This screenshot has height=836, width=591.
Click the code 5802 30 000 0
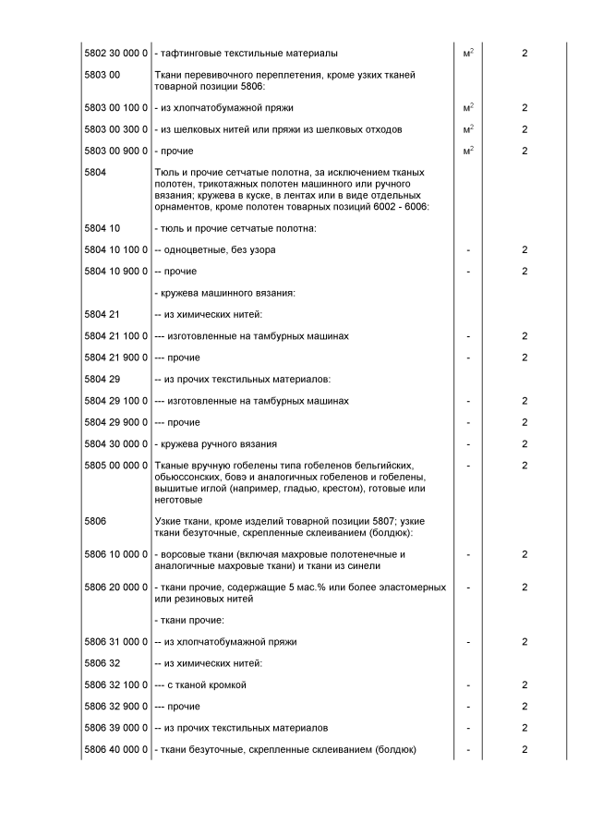(116, 53)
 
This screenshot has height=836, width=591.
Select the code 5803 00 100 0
(116, 108)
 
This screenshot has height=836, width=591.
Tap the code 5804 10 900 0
(116, 271)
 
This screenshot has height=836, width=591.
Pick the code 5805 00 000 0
(116, 465)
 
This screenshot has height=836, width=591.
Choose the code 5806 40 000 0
(116, 749)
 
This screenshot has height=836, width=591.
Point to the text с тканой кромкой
(206, 685)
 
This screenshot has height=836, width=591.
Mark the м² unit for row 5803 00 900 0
(468, 150)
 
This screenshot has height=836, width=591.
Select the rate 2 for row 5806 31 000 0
(525, 641)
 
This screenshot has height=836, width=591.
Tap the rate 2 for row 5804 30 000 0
(525, 443)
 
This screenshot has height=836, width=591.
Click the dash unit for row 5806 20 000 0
(468, 587)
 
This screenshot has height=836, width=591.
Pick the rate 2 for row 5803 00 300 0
(525, 129)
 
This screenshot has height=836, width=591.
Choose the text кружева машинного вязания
(224, 293)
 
